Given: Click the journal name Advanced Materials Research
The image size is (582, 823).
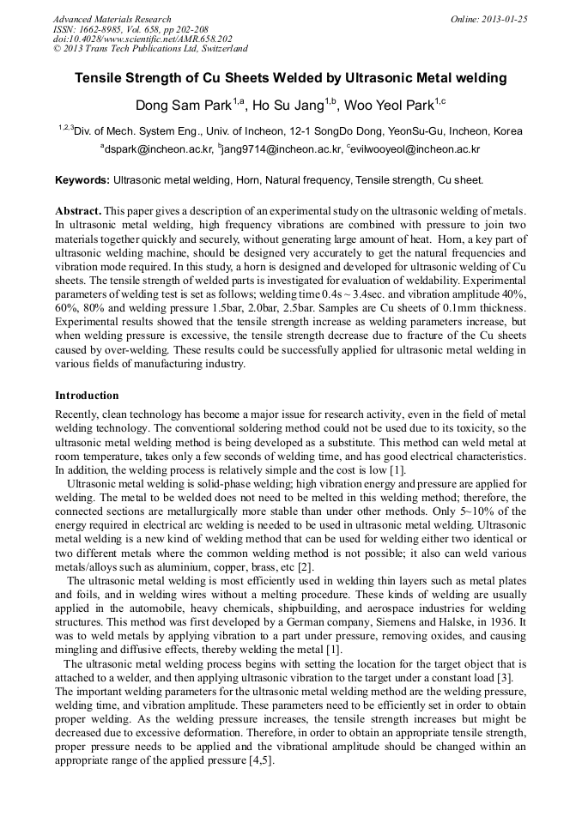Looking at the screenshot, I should pos(112,19).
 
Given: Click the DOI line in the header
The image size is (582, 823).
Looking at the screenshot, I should pos(142,39).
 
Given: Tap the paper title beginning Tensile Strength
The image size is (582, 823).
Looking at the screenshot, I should pos(291,78).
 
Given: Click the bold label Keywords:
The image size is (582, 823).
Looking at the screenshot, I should pos(82,181).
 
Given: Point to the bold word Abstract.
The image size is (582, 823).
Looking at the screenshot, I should pos(79,211).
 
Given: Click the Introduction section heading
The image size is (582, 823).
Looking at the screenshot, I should pos(87,396).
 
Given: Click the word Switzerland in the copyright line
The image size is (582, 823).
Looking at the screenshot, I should pos(222,50).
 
